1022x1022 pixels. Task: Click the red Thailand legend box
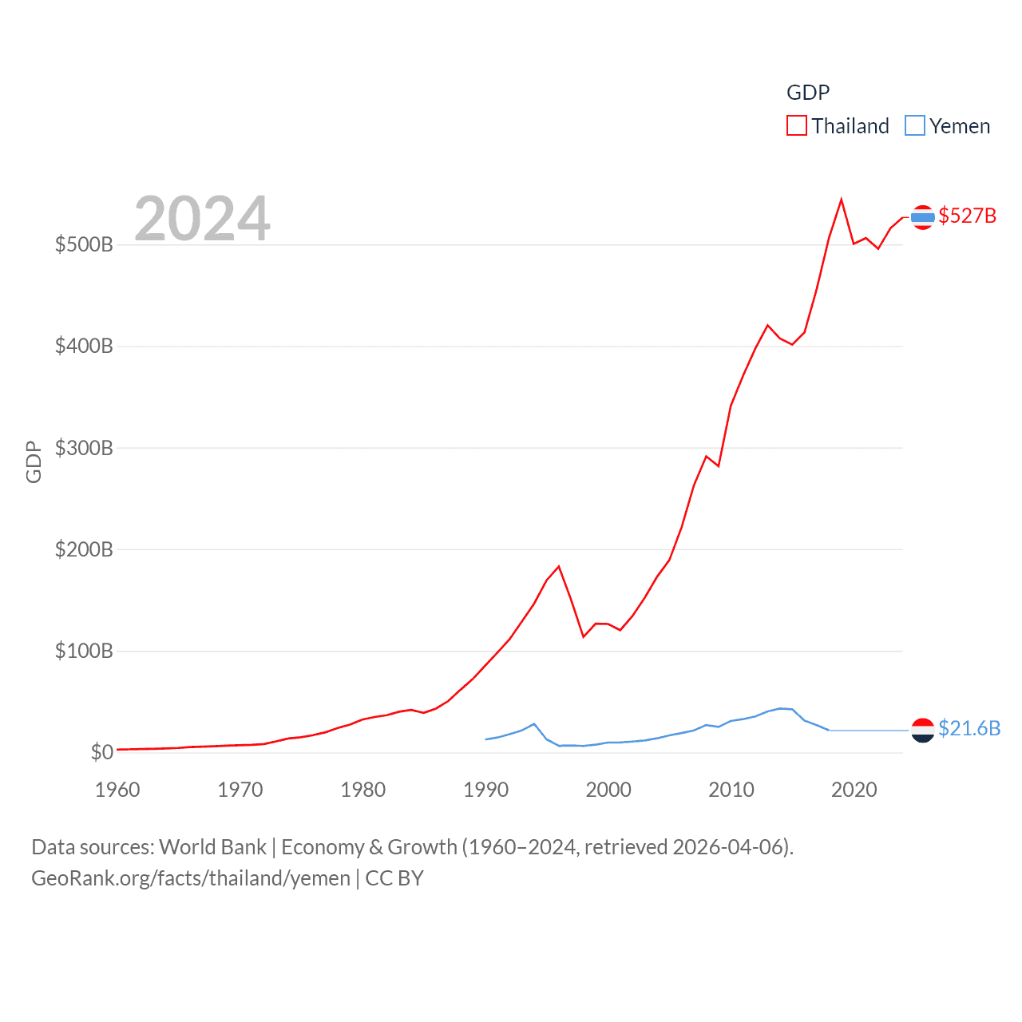(796, 126)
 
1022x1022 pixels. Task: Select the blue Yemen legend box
(914, 126)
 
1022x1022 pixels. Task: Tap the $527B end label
(967, 216)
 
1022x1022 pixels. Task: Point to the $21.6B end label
(969, 728)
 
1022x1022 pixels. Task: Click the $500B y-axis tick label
(84, 244)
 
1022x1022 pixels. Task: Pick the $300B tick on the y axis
(84, 448)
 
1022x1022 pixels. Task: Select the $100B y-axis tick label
(84, 651)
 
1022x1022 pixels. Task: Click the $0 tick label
(101, 752)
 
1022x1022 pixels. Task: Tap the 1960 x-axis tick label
(117, 790)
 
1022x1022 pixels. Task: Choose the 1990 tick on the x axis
(485, 790)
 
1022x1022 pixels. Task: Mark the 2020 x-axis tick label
(854, 790)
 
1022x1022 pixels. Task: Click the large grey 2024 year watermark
(202, 218)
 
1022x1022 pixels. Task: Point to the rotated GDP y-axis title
(34, 461)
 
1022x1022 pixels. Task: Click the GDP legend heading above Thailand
(808, 93)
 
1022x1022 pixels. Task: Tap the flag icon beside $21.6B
(922, 730)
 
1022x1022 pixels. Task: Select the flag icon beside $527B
(922, 217)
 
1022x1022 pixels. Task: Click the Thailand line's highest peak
(842, 199)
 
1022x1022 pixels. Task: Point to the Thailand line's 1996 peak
(559, 566)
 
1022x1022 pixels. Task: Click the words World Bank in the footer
(212, 847)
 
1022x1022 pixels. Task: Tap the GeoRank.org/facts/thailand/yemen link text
(191, 878)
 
